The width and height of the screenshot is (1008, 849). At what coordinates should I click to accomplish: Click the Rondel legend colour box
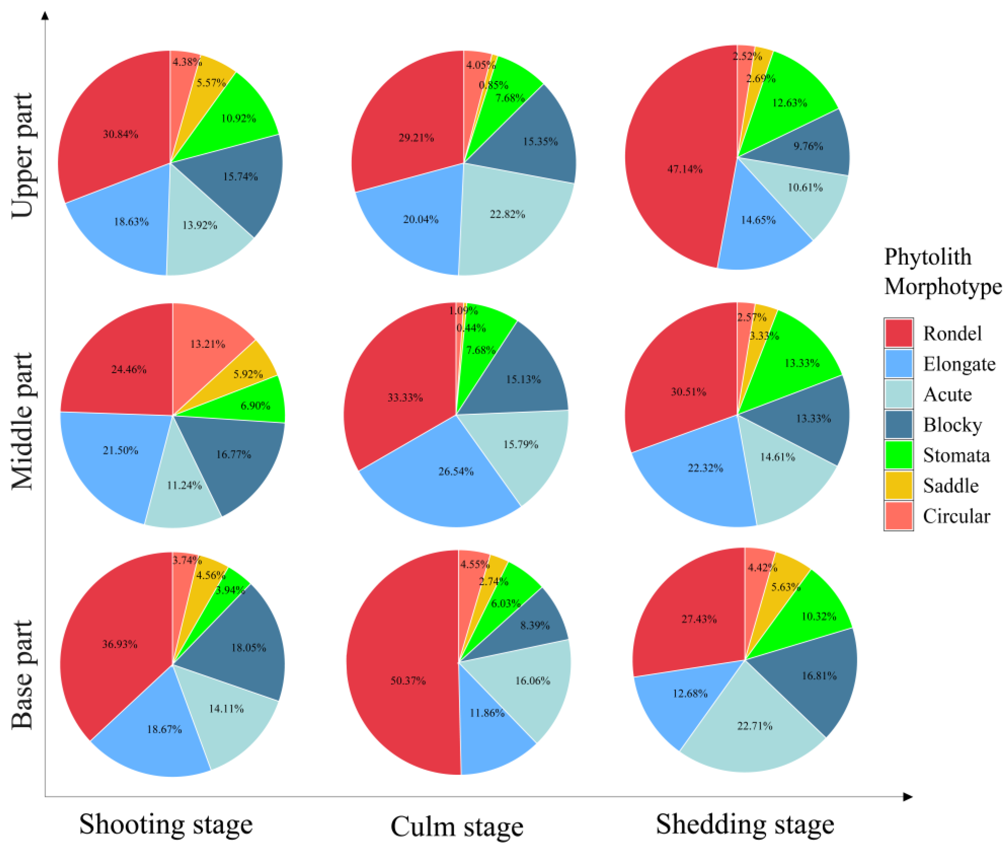898,333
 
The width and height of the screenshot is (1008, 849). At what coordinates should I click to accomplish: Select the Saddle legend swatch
898,485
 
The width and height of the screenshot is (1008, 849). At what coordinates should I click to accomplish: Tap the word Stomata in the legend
956,455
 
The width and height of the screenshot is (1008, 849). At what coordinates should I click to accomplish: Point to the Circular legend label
956,516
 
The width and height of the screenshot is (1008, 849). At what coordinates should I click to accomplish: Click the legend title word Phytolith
927,257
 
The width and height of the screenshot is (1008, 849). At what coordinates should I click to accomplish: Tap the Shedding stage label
744,824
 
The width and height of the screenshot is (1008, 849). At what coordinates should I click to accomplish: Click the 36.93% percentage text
119,644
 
